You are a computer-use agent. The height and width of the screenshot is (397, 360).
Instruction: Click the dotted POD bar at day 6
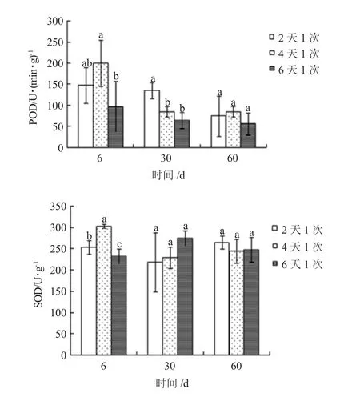coord(101,105)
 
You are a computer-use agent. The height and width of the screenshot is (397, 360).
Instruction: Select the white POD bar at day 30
coord(152,118)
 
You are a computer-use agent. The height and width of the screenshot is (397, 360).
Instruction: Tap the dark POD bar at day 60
coord(248,135)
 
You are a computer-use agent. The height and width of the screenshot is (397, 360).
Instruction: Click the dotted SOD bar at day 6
coord(104,291)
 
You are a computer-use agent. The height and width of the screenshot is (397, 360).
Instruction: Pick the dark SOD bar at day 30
coord(185,296)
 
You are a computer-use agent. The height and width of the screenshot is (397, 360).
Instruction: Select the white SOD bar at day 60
coord(222,299)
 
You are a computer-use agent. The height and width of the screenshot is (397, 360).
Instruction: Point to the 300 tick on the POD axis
coord(55,21)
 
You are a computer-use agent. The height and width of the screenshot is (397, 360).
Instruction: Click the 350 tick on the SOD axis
coord(58,206)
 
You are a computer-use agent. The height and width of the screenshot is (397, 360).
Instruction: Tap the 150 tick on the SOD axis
coord(58,291)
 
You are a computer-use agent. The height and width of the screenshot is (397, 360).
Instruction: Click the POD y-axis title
coord(34,87)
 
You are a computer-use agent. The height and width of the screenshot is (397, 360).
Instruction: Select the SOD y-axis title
coord(38,284)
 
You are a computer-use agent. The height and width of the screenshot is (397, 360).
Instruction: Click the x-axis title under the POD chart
coord(168,175)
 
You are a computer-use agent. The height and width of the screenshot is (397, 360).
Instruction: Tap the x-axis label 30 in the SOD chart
coord(170,366)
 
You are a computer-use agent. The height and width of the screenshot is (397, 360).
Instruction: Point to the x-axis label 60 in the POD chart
coord(233,158)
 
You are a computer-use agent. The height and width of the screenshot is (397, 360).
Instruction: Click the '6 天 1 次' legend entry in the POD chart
coord(294,70)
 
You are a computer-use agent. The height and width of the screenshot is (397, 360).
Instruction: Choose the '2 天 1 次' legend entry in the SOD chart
coord(298,230)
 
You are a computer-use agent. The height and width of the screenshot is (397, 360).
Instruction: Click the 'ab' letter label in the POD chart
coord(87,63)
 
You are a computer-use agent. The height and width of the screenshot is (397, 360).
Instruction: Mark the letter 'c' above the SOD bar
coord(119,244)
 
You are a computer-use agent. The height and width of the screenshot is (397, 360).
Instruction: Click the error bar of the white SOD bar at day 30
coord(156,263)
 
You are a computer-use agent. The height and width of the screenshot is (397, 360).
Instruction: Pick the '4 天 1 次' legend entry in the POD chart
coord(294,54)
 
